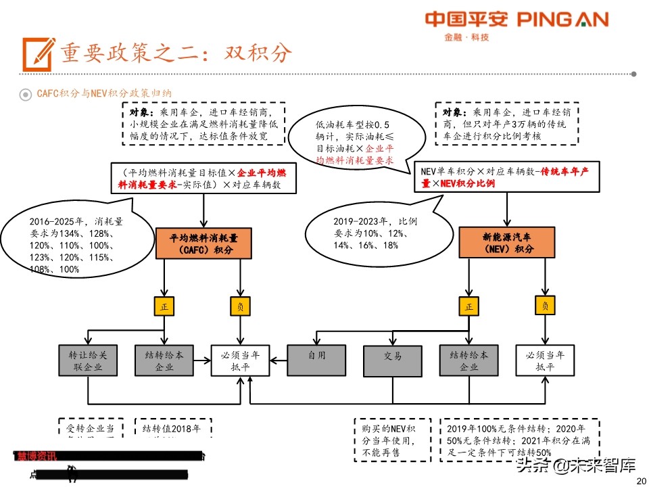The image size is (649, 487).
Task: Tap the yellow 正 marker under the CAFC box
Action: [164, 306]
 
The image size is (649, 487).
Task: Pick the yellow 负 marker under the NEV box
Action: [545, 306]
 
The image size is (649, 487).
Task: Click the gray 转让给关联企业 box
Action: [87, 361]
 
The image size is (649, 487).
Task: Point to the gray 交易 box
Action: [393, 356]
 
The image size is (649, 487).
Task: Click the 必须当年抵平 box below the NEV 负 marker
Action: [545, 361]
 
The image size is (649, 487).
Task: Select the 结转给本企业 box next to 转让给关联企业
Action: [164, 361]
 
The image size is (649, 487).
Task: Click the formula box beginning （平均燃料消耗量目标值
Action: [203, 179]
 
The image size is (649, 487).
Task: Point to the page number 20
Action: [641, 480]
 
